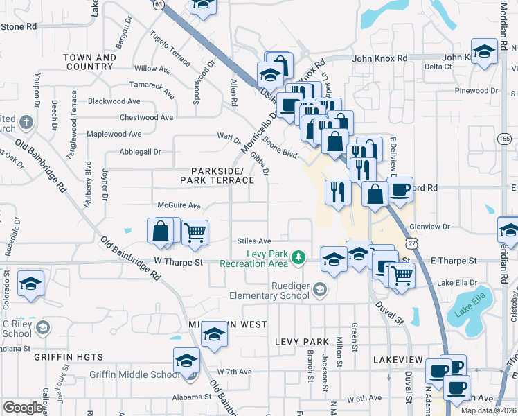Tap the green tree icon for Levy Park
(x=298, y=258)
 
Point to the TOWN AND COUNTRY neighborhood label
(x=90, y=62)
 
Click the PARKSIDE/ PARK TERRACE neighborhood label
(x=217, y=175)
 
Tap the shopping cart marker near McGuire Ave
(x=195, y=232)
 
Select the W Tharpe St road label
(x=178, y=262)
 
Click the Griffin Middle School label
(x=134, y=375)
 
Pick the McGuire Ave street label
(x=179, y=206)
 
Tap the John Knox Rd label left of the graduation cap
(x=379, y=58)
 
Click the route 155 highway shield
(x=504, y=139)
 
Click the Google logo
(x=23, y=408)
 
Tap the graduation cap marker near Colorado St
(x=30, y=284)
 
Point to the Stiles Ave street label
(x=253, y=241)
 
